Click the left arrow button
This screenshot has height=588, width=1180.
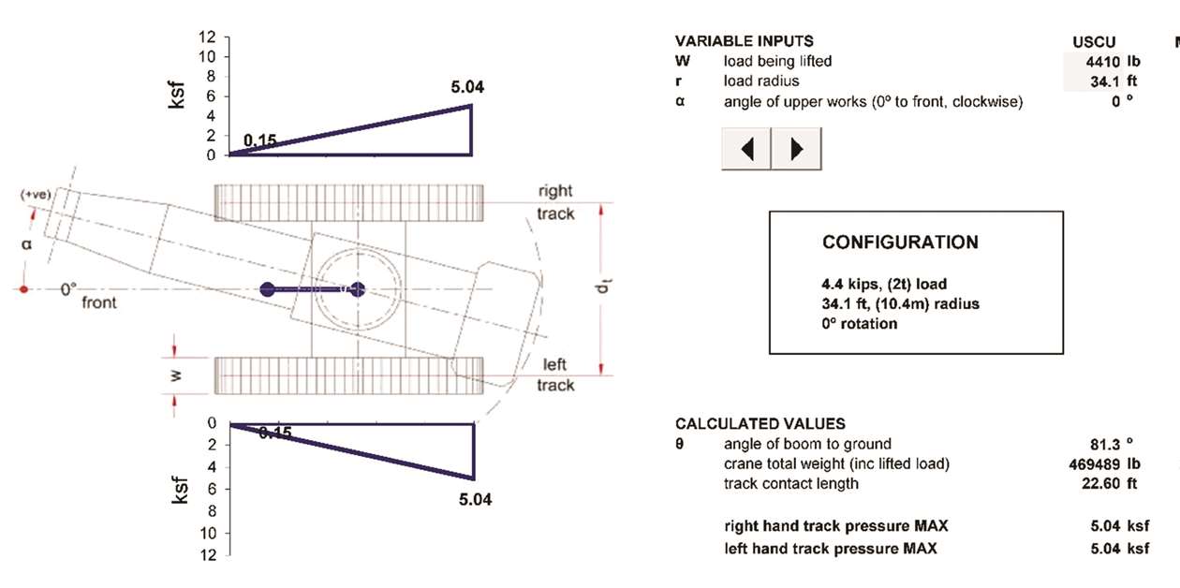pos(746,149)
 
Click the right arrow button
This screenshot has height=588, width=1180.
pos(796,149)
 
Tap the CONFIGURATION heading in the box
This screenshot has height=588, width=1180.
pos(900,243)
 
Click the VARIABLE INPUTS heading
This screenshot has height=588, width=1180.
pos(744,41)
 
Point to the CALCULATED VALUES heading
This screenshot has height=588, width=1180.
pos(760,424)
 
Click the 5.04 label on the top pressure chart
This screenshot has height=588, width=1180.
pos(467,88)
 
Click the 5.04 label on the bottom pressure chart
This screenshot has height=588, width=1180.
pos(475,499)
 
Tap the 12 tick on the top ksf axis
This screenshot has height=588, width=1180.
pos(207,37)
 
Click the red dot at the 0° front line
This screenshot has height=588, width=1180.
pos(25,289)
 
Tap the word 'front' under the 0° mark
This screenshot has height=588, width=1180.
pos(99,303)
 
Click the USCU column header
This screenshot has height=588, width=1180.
pos(1094,42)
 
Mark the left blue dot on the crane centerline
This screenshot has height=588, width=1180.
pos(268,289)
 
